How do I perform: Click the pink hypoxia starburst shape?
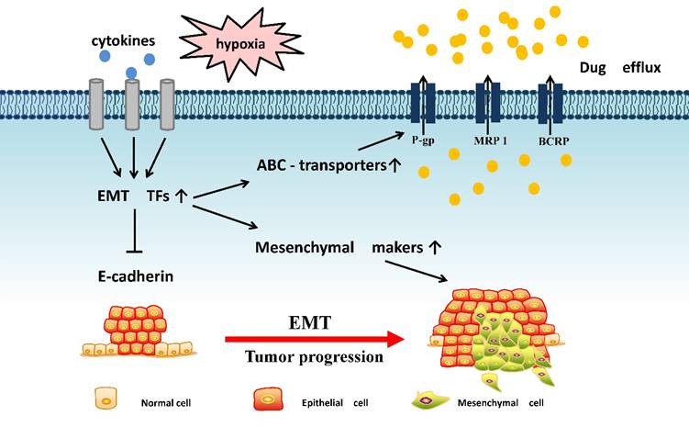[x=227, y=41]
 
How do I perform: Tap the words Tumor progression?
[x=314, y=357]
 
